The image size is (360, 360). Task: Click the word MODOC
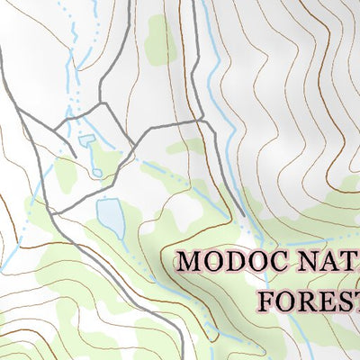point(231,263)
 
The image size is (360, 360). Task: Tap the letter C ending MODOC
point(277,263)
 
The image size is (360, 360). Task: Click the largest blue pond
point(111,217)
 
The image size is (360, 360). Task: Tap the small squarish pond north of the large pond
point(87,140)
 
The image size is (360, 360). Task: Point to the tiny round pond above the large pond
point(95,172)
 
